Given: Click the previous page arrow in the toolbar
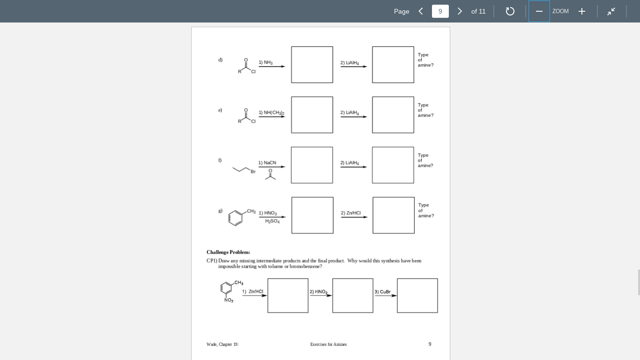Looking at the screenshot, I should tap(421, 11).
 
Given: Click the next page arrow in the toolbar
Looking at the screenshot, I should tap(460, 11).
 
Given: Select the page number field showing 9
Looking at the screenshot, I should tap(440, 11).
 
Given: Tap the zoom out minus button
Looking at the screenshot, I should tap(539, 11).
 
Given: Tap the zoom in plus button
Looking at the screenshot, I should tap(581, 11).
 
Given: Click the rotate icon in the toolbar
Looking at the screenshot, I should tap(510, 11).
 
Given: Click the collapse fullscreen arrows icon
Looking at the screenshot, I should tap(611, 11).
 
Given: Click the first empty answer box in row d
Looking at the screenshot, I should tap(312, 65).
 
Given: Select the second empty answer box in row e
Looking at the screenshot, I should tap(393, 115).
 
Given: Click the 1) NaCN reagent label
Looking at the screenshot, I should tap(267, 163).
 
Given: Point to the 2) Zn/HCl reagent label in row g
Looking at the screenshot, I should tap(351, 213).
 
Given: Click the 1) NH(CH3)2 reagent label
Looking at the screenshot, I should tap(271, 112).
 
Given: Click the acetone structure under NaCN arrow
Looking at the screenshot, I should tap(270, 175).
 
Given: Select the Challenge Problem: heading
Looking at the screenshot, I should tap(228, 252).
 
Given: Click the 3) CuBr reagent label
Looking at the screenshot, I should tap(382, 292).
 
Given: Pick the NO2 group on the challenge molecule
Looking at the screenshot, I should tap(229, 300).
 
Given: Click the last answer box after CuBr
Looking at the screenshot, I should tap(417, 295).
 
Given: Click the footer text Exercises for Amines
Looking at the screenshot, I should tap(328, 345).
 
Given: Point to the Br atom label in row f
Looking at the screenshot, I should tap(253, 172).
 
